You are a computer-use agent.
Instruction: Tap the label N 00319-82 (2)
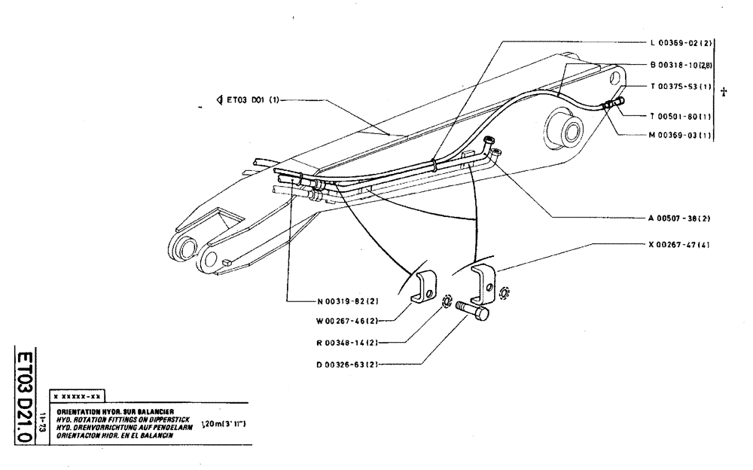coord(347,301)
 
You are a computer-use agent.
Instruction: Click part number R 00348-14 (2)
coord(347,343)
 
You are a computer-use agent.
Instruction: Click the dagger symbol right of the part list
coord(724,91)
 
